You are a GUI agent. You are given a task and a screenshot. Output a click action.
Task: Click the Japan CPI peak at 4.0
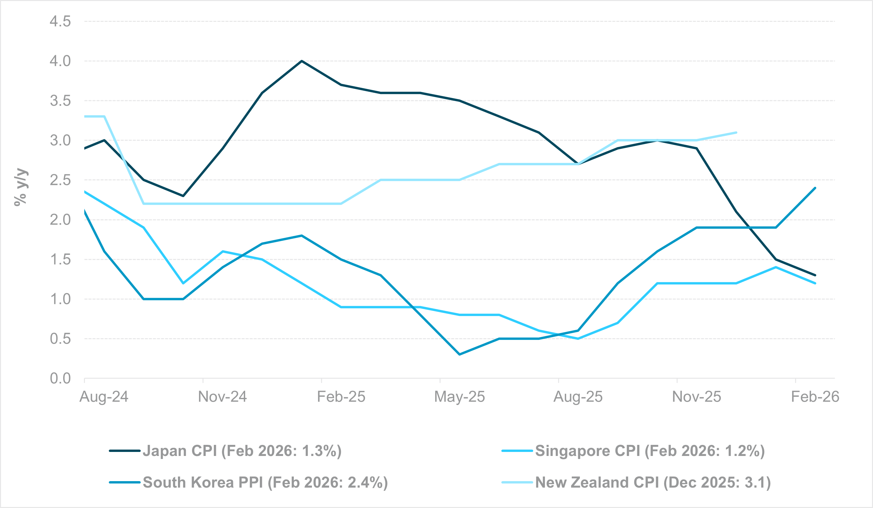pos(302,61)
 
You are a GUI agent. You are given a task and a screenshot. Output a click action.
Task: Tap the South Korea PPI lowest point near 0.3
pos(459,355)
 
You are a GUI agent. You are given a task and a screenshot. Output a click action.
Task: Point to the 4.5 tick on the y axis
pos(60,21)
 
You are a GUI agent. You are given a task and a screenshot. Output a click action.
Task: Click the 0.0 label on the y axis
pos(60,378)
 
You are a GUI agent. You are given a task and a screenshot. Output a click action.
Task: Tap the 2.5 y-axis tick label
pos(60,180)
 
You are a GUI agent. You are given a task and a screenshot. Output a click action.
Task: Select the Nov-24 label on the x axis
pos(222,397)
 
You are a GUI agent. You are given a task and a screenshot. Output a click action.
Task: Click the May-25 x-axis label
pos(459,397)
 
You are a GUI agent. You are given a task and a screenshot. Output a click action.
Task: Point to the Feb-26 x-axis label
pos(815,397)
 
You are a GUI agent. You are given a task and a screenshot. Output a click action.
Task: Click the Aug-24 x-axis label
pos(104,397)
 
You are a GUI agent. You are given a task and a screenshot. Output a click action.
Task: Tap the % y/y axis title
pos(21,187)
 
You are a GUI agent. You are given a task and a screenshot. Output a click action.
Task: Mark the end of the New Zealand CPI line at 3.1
pos(736,132)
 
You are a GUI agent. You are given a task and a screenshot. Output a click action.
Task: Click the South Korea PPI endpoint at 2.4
pos(815,188)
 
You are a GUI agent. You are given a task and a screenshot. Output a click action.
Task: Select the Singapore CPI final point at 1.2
pos(815,283)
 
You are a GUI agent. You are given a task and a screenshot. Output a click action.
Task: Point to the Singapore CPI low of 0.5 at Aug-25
pos(578,338)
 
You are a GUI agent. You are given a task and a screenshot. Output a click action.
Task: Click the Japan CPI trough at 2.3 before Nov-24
pos(183,196)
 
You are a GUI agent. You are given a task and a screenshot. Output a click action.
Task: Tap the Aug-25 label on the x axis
pos(578,397)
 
